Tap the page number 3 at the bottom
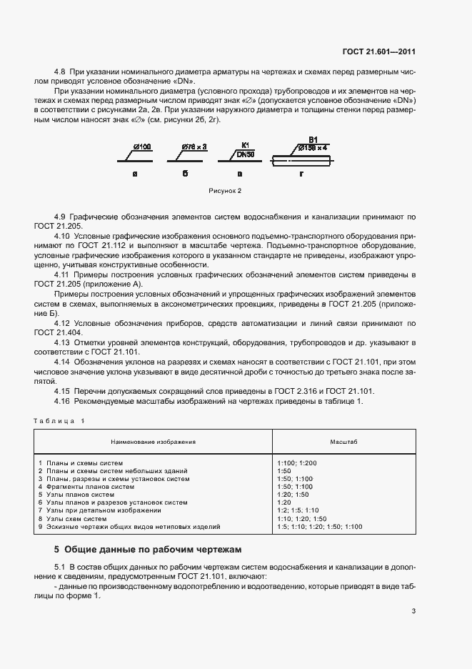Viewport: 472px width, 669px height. (413, 611)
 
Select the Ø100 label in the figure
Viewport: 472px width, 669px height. (141, 147)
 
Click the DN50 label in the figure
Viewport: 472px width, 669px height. (245, 154)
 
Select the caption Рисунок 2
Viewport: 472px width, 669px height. (226, 192)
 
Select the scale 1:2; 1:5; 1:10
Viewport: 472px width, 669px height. (298, 510)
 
